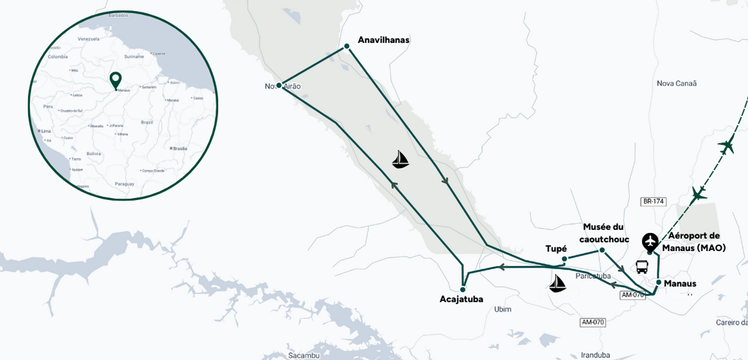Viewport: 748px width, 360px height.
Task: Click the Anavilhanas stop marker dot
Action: coord(347,46)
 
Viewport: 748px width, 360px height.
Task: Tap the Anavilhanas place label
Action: coord(383,40)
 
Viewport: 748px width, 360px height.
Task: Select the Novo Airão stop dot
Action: coord(279,85)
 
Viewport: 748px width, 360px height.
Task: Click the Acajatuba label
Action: coord(461,299)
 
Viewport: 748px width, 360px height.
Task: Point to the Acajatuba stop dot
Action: coord(463,290)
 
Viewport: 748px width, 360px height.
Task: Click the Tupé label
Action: coord(556,249)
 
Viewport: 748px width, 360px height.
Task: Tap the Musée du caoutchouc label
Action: coord(604,233)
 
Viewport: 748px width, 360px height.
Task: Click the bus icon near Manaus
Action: coord(642,267)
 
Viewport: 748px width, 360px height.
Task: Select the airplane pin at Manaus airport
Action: coord(650,242)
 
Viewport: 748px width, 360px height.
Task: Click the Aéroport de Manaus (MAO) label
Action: coord(694,242)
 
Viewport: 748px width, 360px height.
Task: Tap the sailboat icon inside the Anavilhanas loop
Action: coord(400,160)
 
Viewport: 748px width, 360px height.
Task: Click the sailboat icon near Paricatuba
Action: coord(557,284)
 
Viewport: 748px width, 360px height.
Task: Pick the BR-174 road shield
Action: coord(653,202)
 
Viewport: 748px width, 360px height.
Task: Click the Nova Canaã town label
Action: coord(676,84)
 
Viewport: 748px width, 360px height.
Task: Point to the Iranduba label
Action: coord(595,355)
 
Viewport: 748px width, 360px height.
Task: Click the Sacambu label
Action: coord(304,355)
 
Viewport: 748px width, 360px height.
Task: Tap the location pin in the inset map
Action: coord(116,80)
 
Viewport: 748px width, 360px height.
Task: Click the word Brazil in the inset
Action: coord(147,122)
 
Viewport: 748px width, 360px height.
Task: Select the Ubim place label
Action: coord(503,309)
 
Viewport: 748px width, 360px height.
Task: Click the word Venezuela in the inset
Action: coord(88,39)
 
